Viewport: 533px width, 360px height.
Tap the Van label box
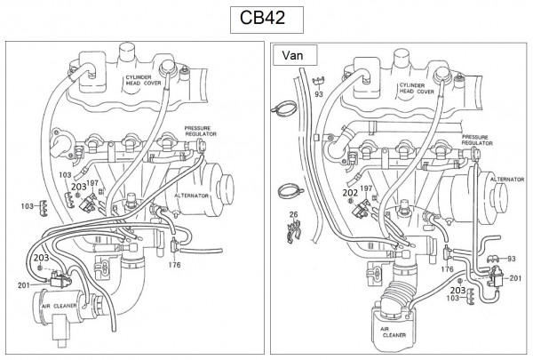click(x=294, y=54)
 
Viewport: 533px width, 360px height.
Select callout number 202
click(x=350, y=191)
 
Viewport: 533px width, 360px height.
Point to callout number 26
click(x=292, y=215)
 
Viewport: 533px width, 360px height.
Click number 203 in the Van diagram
click(x=457, y=290)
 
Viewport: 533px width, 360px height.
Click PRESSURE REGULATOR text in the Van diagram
click(x=475, y=140)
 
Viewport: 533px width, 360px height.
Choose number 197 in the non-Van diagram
click(x=91, y=182)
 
